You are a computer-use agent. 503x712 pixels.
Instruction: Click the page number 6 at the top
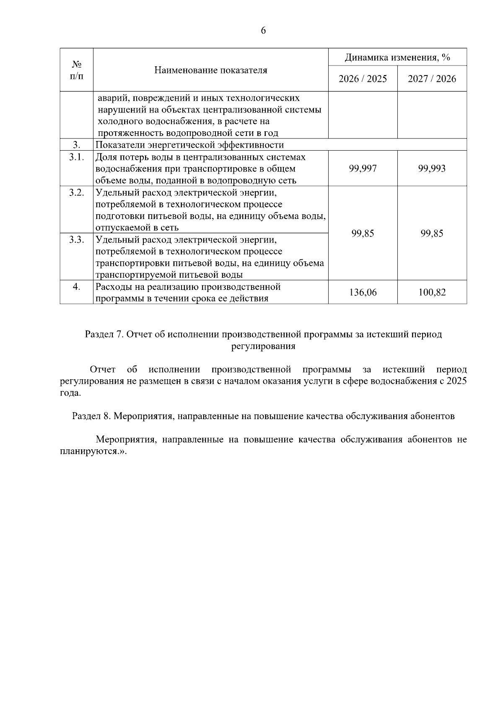click(263, 31)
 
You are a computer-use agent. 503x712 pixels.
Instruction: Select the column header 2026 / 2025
click(363, 79)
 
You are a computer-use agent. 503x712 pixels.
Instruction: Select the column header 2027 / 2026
click(432, 79)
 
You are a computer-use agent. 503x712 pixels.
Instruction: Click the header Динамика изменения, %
click(397, 57)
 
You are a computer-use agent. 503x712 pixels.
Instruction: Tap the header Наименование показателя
click(210, 70)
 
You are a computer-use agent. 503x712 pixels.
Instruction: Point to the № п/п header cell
click(76, 70)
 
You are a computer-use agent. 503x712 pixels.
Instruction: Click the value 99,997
click(363, 169)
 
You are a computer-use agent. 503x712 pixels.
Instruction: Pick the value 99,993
click(432, 169)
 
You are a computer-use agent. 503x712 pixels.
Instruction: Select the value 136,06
click(363, 292)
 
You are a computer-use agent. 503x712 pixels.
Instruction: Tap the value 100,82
click(432, 292)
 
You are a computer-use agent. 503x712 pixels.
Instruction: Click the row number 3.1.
click(76, 157)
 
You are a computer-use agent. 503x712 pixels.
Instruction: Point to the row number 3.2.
click(76, 193)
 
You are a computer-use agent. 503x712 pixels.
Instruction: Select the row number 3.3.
click(76, 240)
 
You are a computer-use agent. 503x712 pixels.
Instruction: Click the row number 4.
click(76, 287)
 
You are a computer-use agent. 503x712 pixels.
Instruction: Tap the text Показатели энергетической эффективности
click(189, 145)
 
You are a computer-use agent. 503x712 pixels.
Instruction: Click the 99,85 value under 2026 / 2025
click(363, 234)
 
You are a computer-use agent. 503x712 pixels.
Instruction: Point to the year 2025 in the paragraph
click(456, 381)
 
